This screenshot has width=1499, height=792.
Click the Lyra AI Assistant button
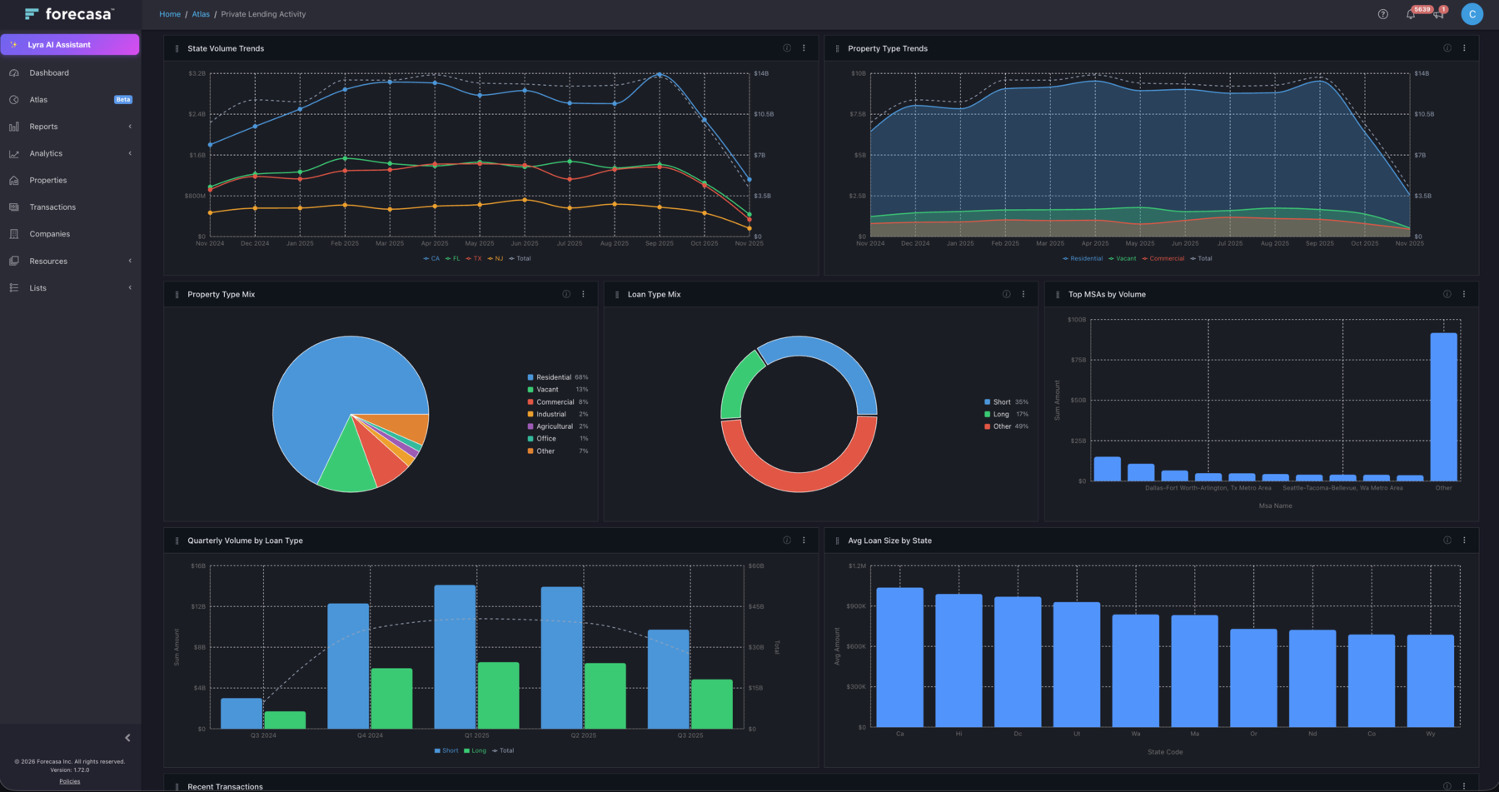(x=70, y=45)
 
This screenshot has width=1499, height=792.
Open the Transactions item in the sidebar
(x=52, y=207)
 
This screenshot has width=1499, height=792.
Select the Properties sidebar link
(x=47, y=181)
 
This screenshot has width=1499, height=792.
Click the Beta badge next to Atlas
(x=123, y=100)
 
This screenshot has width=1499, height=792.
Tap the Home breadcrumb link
(x=170, y=14)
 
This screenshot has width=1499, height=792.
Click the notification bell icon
(x=1411, y=14)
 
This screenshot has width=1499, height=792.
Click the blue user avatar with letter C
(x=1472, y=14)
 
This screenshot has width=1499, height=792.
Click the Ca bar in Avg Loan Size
(x=899, y=658)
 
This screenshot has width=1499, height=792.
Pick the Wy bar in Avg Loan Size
(x=1430, y=680)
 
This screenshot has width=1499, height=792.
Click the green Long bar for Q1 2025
(x=498, y=695)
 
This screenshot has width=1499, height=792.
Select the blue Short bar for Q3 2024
(x=242, y=714)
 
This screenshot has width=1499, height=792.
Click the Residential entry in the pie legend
(x=553, y=377)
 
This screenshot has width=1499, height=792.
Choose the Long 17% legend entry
(x=1002, y=414)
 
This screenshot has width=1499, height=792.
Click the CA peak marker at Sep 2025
(x=660, y=75)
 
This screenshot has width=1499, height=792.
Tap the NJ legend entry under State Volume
(x=497, y=259)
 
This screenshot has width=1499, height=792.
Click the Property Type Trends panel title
(x=887, y=48)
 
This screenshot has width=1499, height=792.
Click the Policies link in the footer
(x=70, y=781)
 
